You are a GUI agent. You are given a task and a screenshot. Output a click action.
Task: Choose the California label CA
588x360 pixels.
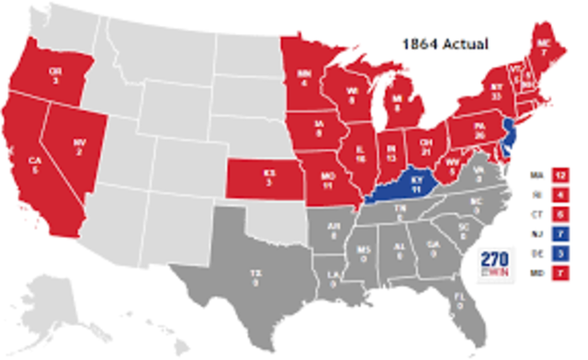pos(35,163)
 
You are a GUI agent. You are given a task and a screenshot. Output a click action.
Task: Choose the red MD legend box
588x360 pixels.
pos(559,271)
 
